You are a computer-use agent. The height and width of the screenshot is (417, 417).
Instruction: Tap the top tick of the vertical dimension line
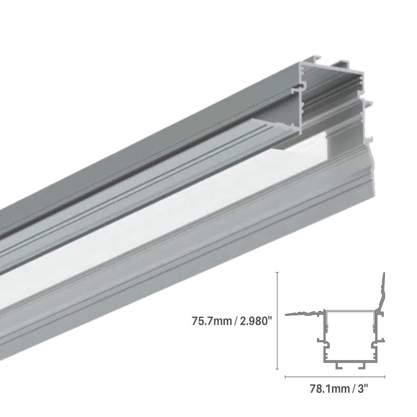click(277, 272)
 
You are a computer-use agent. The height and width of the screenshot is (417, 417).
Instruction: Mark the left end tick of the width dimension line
click(285, 377)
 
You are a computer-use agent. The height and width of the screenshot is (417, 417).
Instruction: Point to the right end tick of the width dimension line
click(384, 377)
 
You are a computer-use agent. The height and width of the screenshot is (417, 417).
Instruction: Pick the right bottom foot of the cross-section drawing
click(361, 366)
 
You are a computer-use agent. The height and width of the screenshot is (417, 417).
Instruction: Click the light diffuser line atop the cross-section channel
click(350, 311)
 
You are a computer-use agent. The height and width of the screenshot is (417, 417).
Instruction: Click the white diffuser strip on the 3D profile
click(167, 234)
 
